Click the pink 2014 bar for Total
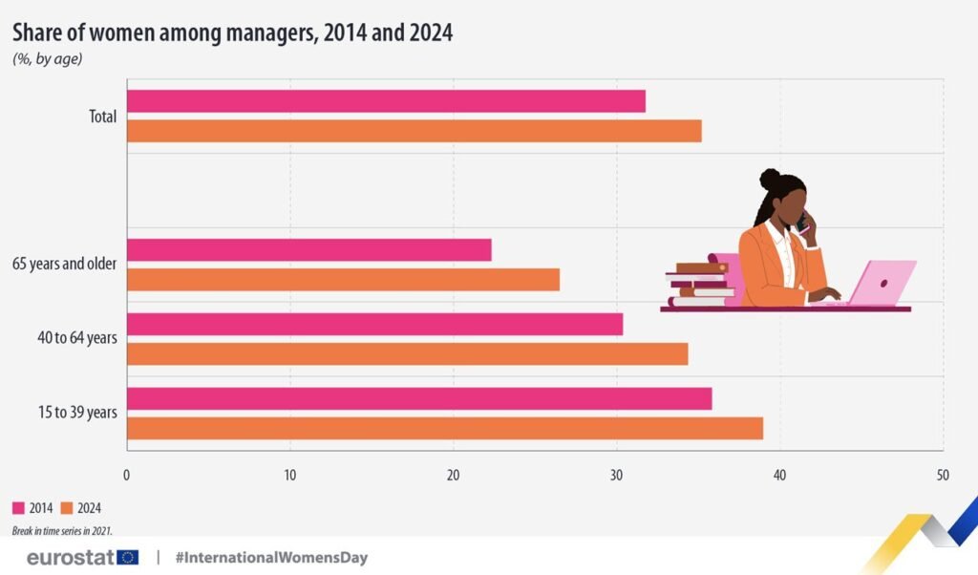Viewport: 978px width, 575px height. coord(386,101)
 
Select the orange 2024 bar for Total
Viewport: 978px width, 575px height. coord(414,131)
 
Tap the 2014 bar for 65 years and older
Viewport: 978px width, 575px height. coord(308,250)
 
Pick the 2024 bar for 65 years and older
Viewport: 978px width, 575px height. coord(343,280)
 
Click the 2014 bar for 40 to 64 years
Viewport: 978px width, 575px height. coord(374,325)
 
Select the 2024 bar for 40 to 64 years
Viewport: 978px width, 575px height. coord(407,354)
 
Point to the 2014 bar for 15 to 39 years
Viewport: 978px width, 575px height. coord(419,399)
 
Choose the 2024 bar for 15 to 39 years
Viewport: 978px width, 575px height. coord(444,429)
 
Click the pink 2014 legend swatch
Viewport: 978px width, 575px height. coord(18,508)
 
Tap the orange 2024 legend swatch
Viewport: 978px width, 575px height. coord(67,508)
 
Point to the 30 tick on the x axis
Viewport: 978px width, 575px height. coord(616,474)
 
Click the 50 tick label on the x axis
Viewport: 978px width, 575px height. coord(943,474)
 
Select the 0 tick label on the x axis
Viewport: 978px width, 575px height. coord(127,474)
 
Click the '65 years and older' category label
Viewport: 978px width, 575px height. coord(64,264)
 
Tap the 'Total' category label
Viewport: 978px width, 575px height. coord(101,117)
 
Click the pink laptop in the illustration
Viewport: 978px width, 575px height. coord(881,284)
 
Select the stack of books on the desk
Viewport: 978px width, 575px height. coord(700,284)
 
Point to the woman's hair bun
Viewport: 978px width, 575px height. coord(770,179)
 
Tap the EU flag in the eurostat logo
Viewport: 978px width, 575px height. coord(128,557)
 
